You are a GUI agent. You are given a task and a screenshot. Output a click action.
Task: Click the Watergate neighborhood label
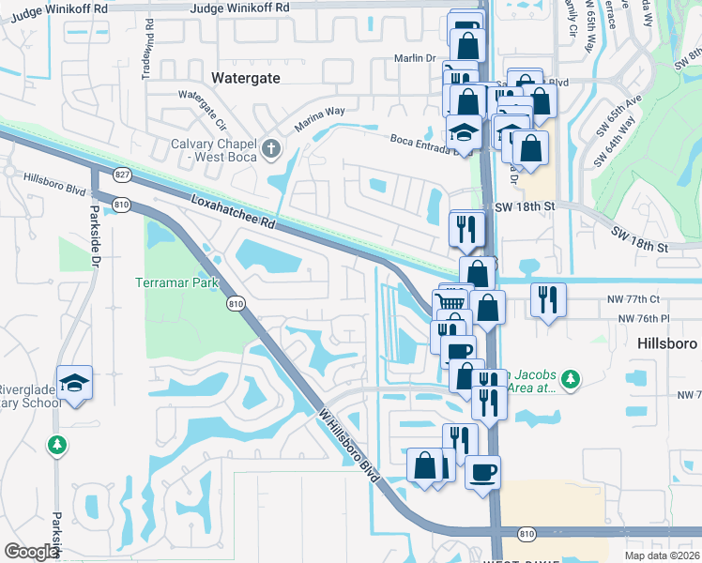(246, 78)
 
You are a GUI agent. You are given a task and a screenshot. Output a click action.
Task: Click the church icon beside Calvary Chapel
(270, 146)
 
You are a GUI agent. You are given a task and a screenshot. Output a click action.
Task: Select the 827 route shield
(124, 175)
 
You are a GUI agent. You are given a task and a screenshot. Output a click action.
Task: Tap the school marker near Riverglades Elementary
(74, 382)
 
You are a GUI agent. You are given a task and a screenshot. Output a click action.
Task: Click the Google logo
(31, 552)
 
